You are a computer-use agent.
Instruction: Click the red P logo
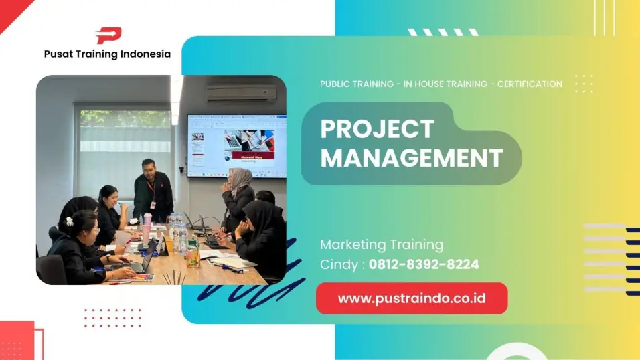click(108, 35)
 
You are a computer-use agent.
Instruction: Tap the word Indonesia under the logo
click(146, 54)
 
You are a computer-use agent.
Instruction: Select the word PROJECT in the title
click(378, 129)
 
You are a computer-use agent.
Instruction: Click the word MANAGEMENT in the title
click(412, 158)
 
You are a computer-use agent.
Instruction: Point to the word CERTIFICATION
click(530, 84)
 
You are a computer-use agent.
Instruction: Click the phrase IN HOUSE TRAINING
click(445, 84)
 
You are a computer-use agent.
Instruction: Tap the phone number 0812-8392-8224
click(424, 264)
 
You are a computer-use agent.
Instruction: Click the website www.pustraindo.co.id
click(412, 298)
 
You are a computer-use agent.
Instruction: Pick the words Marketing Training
click(382, 244)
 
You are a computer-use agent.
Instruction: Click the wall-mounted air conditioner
click(241, 93)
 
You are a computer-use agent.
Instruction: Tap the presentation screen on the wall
click(237, 146)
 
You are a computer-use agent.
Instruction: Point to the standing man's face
click(149, 168)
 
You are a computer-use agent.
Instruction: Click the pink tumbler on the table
click(147, 229)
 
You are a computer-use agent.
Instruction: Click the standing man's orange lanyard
click(151, 190)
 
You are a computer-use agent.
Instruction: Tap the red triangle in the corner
click(12, 12)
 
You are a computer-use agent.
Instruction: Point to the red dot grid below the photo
click(112, 318)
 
